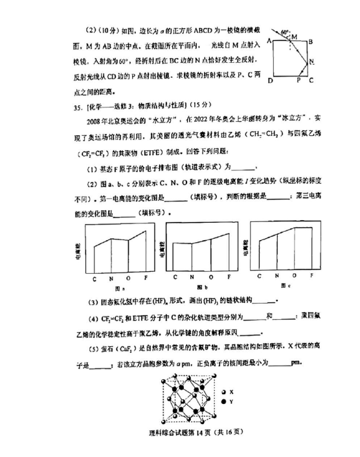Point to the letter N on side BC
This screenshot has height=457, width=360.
pyautogui.click(x=312, y=61)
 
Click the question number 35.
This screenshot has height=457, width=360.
pyautogui.click(x=73, y=106)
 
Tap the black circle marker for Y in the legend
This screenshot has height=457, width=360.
pyautogui.click(x=223, y=402)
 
